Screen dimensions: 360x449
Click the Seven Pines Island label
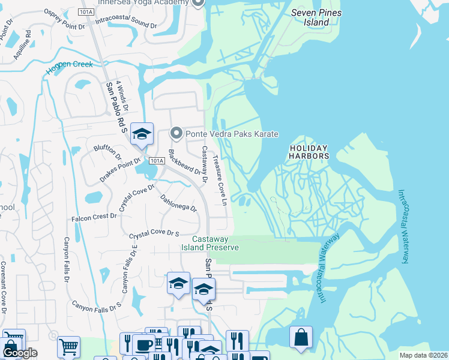[316, 17]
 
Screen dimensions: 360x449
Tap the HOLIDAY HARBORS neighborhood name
[310, 152]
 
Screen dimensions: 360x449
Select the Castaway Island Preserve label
[211, 243]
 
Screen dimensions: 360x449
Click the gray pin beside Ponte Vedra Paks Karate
[176, 133]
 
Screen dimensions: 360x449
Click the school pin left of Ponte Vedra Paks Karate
[142, 134]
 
